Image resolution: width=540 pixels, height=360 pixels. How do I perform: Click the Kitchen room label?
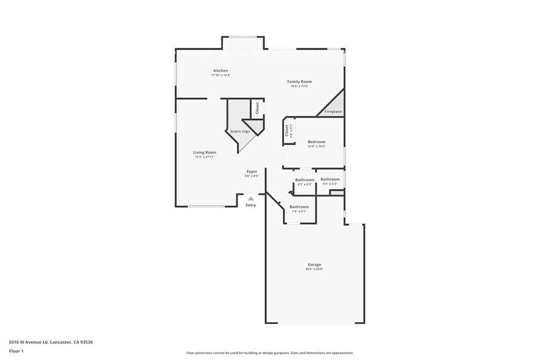coord(220,71)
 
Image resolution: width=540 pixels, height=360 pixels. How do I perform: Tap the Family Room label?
coord(299,81)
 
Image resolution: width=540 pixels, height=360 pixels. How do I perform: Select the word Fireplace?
coord(333,111)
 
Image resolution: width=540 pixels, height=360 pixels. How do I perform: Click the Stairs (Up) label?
coord(239,132)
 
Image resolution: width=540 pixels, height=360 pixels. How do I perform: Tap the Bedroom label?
coord(317,142)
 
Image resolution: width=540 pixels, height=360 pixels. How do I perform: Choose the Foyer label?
coord(252,171)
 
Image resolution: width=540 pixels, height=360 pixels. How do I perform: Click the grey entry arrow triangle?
coord(250,198)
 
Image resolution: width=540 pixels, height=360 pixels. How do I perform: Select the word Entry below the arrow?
coord(251,205)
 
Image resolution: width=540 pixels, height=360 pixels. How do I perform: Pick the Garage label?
coord(314,264)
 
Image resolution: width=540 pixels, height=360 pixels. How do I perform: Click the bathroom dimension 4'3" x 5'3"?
coord(304,184)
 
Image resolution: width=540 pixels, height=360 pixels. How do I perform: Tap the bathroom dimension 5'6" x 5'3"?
coord(329,184)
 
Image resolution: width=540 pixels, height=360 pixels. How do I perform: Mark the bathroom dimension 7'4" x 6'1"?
coord(299,211)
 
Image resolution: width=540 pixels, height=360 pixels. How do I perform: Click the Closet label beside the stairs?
coord(257,108)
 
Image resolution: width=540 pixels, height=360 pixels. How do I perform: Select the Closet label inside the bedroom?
coord(287,131)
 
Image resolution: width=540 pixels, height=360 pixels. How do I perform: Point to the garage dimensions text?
coord(314,269)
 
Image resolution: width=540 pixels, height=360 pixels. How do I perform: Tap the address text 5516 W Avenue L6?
coord(51,342)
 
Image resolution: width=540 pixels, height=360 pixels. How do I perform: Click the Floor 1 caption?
coord(17,351)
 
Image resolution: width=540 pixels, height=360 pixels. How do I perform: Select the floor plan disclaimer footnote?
coord(269,353)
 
